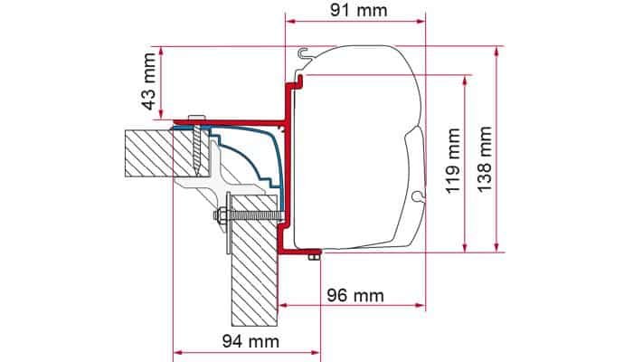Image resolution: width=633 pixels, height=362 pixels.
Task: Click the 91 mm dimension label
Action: (358, 10)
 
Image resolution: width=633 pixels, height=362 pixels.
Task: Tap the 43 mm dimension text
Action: (150, 81)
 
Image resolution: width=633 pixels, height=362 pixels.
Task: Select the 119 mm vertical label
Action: (453, 161)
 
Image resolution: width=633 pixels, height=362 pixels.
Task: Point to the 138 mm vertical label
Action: (485, 159)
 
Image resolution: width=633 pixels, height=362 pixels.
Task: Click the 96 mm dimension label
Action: (355, 296)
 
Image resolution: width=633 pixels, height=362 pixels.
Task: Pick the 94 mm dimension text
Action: (250, 341)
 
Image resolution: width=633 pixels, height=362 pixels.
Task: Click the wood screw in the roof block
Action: (197, 149)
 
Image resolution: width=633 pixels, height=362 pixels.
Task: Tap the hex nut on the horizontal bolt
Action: (221, 214)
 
